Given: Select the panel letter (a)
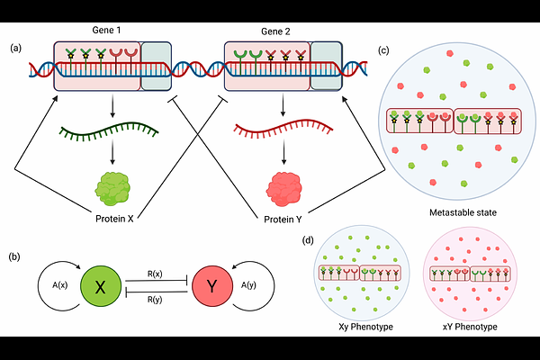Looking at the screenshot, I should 18,48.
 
